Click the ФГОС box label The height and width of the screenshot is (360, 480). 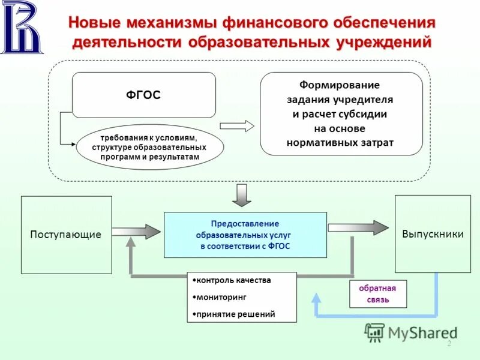click(x=143, y=95)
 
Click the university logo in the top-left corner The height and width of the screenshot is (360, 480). click(x=22, y=28)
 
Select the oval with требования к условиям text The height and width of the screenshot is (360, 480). click(x=149, y=147)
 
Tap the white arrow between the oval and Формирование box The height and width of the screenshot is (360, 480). click(x=237, y=126)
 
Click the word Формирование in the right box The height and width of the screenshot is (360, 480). click(x=340, y=85)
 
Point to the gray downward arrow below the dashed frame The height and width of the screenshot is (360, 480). click(x=241, y=194)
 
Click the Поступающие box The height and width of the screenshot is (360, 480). click(x=66, y=235)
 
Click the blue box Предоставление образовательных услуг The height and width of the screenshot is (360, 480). click(x=245, y=235)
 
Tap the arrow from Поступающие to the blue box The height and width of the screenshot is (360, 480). click(x=137, y=232)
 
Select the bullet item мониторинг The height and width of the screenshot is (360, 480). click(x=221, y=297)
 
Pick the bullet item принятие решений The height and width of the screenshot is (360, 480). click(x=236, y=314)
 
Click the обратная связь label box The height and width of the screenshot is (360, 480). click(x=377, y=293)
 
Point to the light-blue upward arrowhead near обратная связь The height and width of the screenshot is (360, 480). click(x=316, y=296)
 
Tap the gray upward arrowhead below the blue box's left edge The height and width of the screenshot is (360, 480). click(x=131, y=242)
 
